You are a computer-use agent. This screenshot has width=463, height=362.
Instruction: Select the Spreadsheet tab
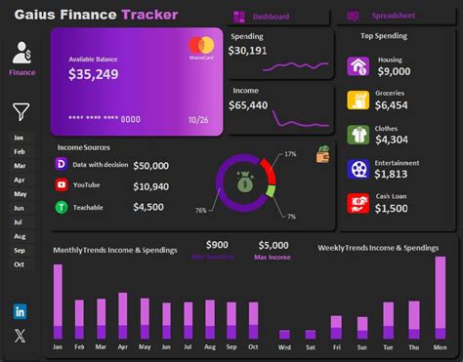(391, 17)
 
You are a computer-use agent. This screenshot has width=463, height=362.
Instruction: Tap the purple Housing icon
(358, 66)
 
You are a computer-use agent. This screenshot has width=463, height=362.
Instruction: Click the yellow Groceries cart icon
(358, 100)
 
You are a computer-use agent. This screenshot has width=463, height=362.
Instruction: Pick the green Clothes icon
(358, 135)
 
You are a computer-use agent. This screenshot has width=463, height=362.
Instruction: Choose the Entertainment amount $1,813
(391, 174)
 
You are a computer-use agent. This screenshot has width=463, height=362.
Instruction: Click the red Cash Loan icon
(358, 203)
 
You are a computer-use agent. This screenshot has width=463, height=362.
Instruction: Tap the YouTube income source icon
(62, 185)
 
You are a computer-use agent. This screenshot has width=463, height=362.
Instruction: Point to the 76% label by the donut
(200, 210)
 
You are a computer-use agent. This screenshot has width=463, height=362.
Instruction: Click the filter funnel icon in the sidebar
(21, 112)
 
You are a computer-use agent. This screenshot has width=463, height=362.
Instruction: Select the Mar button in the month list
(20, 166)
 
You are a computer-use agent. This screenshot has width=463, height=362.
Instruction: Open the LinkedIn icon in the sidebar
(21, 311)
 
